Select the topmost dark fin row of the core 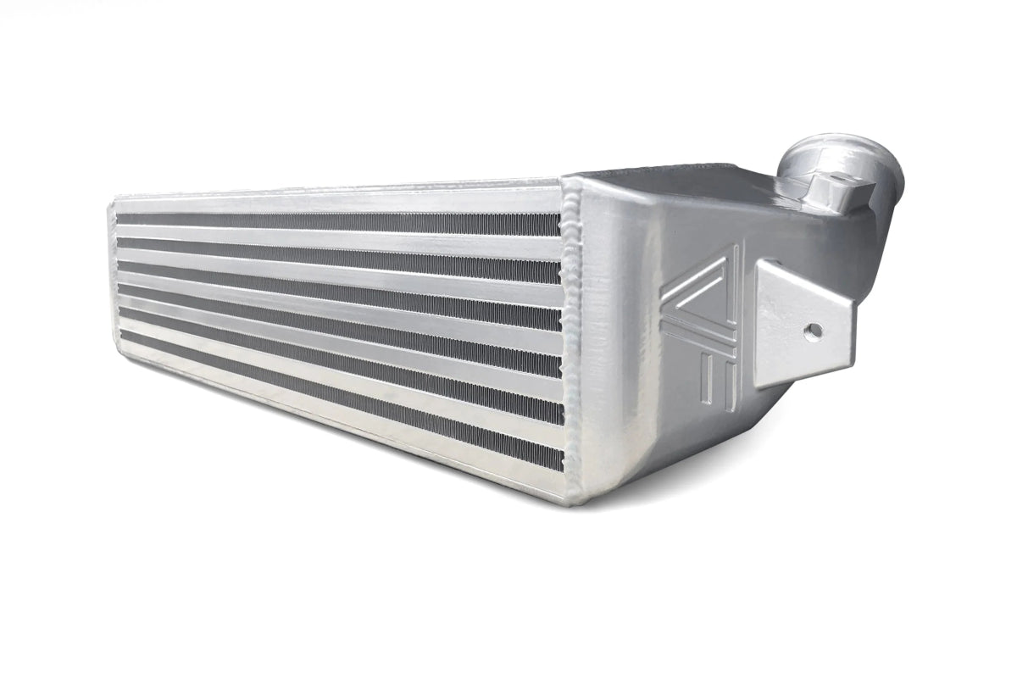coord(339,222)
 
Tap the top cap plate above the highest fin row coord(339,203)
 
